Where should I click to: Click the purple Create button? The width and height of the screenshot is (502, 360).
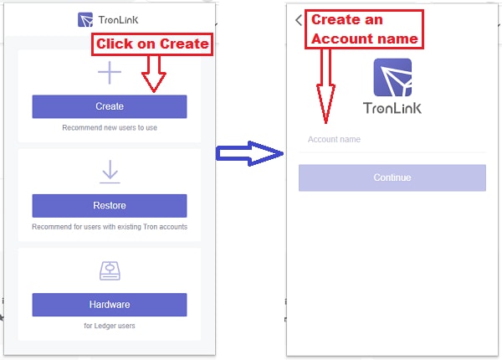point(110,106)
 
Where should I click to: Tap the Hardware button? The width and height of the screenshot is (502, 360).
point(110,305)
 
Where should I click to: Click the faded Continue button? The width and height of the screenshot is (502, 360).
point(392,177)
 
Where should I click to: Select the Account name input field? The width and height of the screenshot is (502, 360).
point(392,140)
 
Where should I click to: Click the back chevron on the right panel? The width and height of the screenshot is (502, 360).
point(299,20)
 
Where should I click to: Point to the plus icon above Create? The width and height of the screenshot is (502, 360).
point(110,73)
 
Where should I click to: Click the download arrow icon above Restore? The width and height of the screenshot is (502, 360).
point(110,172)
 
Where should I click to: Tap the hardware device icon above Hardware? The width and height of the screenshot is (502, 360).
point(110,271)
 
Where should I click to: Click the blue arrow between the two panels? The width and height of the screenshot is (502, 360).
point(249,153)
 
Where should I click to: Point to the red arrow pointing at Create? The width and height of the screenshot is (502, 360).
point(154,74)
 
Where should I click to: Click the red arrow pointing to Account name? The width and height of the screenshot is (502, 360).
point(325,86)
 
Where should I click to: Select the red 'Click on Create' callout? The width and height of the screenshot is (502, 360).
point(152,44)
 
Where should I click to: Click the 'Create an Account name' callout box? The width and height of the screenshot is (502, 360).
point(364,29)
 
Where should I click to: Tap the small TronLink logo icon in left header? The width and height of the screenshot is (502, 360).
point(85,20)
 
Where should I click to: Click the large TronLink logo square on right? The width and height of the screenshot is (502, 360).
point(392,77)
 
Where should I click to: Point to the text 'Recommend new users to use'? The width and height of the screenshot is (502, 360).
point(110,128)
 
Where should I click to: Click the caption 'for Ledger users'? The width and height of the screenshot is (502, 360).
point(110,326)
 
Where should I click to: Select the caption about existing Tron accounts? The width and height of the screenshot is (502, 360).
point(110,227)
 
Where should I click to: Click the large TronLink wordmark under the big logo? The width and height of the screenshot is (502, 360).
point(392,108)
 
